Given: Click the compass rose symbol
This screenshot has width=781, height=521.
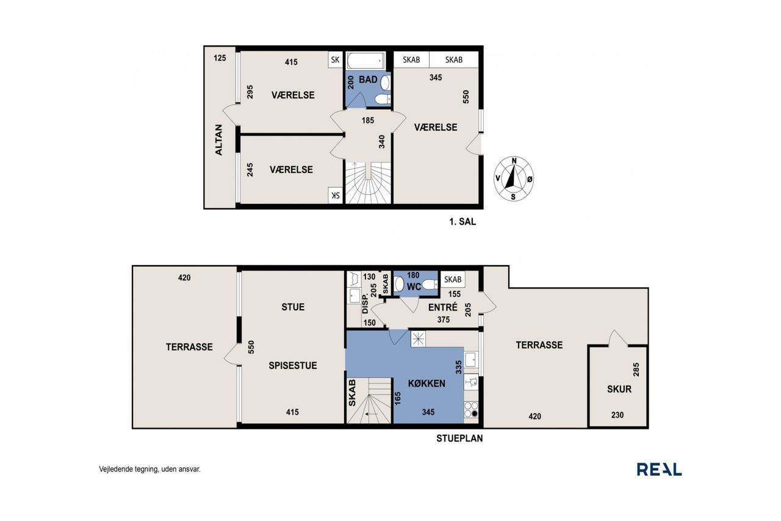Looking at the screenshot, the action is [x=514, y=179].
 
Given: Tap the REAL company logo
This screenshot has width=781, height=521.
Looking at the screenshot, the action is [x=659, y=469].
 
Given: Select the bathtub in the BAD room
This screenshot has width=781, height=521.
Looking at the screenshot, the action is [x=365, y=60].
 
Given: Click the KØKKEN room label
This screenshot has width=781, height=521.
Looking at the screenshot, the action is [x=426, y=384].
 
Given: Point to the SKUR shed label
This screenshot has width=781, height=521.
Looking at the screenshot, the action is [x=619, y=389].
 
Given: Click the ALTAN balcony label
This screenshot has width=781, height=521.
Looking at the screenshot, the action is [x=218, y=140].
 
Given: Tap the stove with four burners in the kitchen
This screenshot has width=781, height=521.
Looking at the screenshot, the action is [x=471, y=410].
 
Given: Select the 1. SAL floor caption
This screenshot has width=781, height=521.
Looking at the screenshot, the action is [x=462, y=222].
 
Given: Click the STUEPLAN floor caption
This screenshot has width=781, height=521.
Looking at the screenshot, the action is [x=459, y=439].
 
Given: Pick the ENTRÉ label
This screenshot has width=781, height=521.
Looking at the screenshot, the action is [x=443, y=307].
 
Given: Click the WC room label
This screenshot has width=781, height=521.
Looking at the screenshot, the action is [x=414, y=287].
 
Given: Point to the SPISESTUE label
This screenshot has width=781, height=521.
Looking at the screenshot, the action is [x=293, y=365].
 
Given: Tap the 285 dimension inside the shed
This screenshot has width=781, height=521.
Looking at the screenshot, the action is [x=636, y=370].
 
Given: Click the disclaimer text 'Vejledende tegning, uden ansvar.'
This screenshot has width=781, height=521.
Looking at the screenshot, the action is [x=149, y=469].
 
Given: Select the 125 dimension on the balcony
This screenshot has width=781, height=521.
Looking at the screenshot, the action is [x=220, y=58].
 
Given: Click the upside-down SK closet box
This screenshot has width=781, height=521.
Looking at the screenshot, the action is [x=335, y=195].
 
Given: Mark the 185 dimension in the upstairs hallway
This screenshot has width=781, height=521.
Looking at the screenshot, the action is [x=368, y=120].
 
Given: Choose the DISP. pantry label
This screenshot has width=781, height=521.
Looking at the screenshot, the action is [x=365, y=304].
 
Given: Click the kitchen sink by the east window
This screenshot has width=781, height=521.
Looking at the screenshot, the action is [x=471, y=360].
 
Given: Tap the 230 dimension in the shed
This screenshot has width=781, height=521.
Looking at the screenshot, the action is [x=617, y=415].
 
